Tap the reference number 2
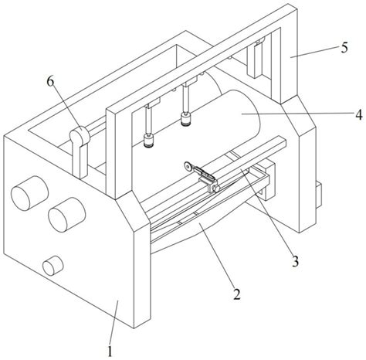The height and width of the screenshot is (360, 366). click(x=236, y=294)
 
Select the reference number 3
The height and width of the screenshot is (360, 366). click(x=295, y=261)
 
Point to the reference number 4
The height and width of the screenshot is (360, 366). click(x=358, y=114)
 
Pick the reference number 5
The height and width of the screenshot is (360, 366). click(x=344, y=48)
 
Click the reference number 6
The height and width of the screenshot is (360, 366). click(x=50, y=81)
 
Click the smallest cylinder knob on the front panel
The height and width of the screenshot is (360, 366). click(x=53, y=266)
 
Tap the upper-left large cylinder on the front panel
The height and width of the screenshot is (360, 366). click(x=29, y=193)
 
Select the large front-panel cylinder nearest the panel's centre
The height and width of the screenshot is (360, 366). click(x=66, y=215)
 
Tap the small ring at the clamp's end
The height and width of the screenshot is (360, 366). click(x=188, y=166)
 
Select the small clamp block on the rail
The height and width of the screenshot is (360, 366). click(x=212, y=186)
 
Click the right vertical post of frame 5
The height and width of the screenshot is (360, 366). click(x=289, y=54)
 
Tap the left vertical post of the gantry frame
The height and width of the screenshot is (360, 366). click(x=114, y=153)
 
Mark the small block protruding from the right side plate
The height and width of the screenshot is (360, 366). click(x=319, y=195)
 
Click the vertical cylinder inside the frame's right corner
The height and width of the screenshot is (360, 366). click(x=254, y=60)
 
